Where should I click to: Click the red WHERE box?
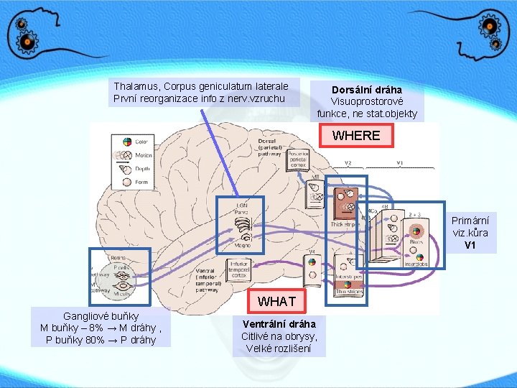tap(356, 136)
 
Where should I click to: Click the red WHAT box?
tap(276, 300)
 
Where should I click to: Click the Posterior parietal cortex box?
tap(297, 159)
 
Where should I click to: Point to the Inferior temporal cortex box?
tap(239, 269)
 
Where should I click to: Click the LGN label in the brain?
tap(243, 206)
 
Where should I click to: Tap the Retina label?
tap(119, 257)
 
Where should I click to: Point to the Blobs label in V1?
tap(416, 244)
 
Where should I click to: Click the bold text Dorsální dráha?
tap(366, 90)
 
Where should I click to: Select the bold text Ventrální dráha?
tap(279, 324)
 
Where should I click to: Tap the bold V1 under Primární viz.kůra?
tap(470, 245)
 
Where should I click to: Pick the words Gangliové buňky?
tap(101, 315)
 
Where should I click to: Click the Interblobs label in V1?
tap(416, 264)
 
